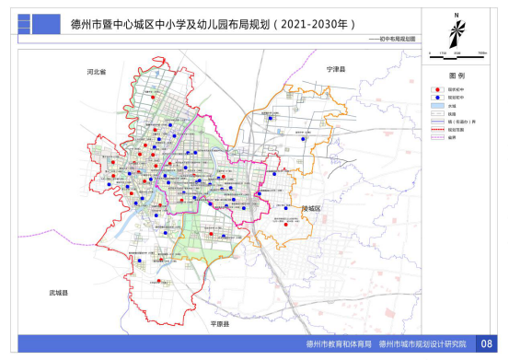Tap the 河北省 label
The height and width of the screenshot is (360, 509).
click(98, 71)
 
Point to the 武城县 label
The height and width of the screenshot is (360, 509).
click(59, 292)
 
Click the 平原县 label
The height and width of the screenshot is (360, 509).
click(219, 325)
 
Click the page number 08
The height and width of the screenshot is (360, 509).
click(488, 344)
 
